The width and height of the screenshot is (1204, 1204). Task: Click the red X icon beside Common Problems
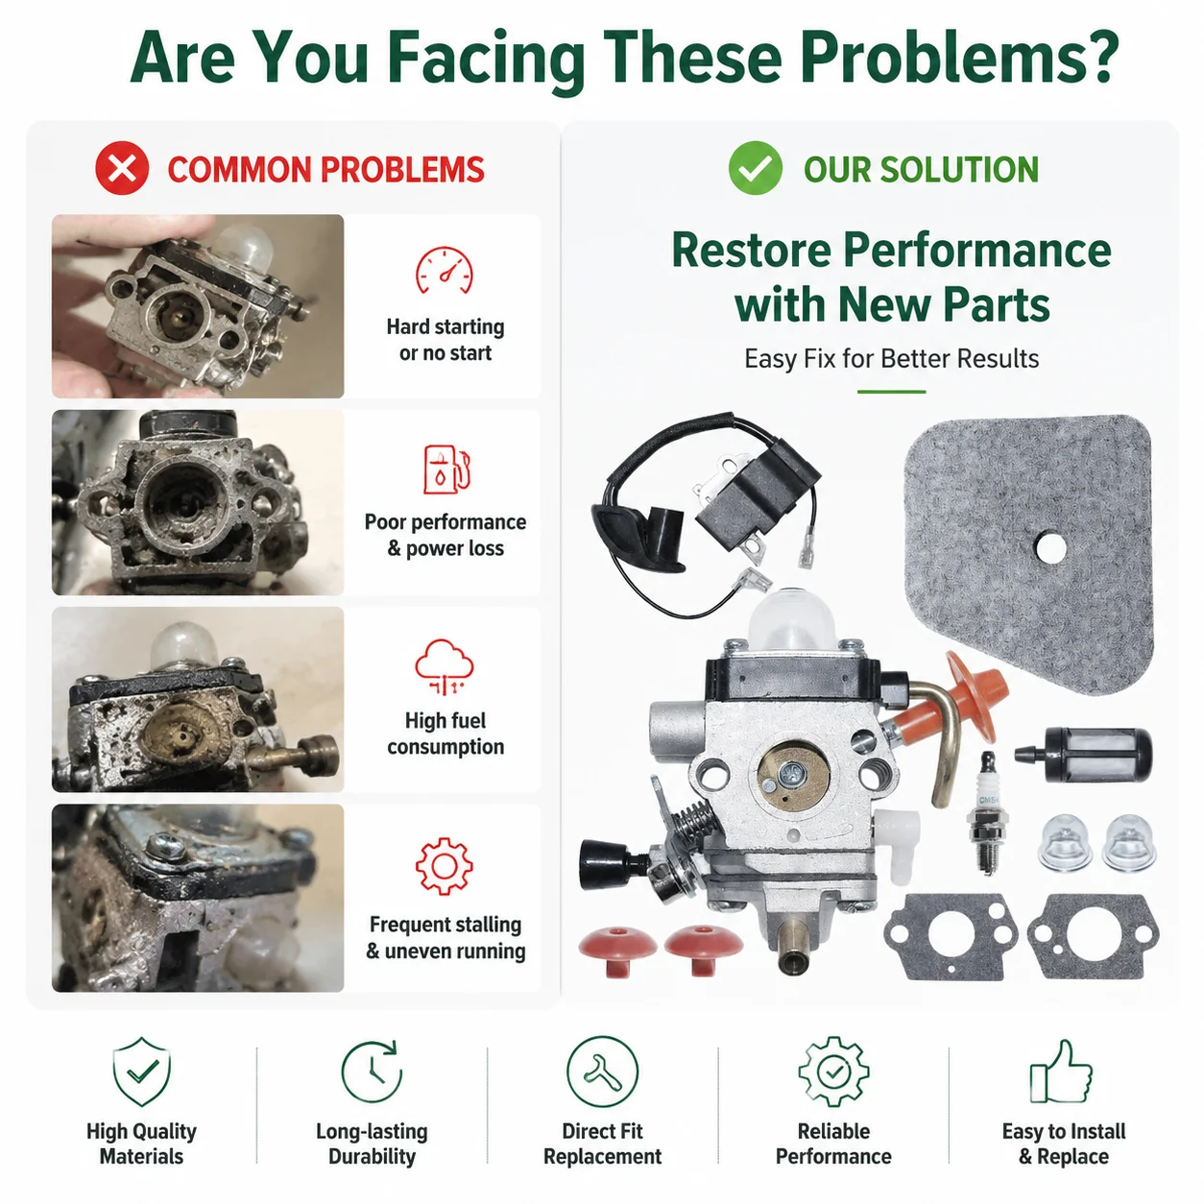pyautogui.click(x=122, y=168)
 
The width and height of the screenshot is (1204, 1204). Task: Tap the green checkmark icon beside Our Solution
pyautogui.click(x=755, y=168)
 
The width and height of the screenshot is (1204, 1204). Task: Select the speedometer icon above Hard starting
pyautogui.click(x=445, y=270)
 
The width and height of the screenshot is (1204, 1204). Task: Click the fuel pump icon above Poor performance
pyautogui.click(x=446, y=470)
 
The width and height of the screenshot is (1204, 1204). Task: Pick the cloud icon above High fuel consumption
pyautogui.click(x=445, y=666)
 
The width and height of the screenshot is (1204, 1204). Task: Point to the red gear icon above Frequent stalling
pyautogui.click(x=445, y=866)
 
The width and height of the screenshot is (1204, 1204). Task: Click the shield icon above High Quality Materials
pyautogui.click(x=142, y=1071)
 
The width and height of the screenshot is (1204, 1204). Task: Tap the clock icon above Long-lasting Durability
pyautogui.click(x=372, y=1071)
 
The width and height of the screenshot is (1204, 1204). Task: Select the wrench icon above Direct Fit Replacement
pyautogui.click(x=602, y=1071)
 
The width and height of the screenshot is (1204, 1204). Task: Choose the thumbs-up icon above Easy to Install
pyautogui.click(x=1061, y=1071)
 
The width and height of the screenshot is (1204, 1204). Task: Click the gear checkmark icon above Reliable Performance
pyautogui.click(x=833, y=1071)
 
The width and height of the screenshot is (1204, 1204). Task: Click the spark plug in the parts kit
pyautogui.click(x=987, y=813)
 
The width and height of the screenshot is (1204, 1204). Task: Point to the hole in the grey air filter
pyautogui.click(x=1050, y=548)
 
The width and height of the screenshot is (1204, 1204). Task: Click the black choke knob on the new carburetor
pyautogui.click(x=605, y=863)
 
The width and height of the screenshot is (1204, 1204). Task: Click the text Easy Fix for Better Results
pyautogui.click(x=891, y=359)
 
